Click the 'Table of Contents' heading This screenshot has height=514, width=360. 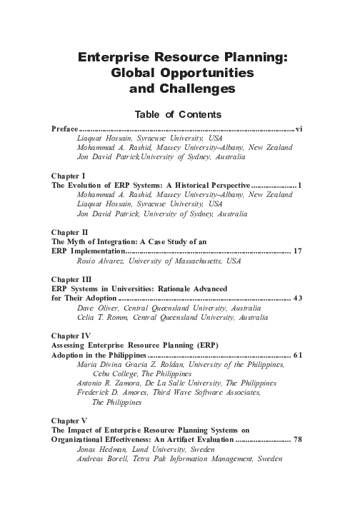click(179, 114)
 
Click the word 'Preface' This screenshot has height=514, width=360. click(64, 129)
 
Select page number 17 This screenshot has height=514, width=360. click(299, 252)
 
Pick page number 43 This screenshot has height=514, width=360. click(299, 298)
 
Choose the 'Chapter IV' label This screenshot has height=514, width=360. click(70, 335)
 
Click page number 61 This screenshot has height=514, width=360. click(299, 355)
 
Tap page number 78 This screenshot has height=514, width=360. click(299, 440)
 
